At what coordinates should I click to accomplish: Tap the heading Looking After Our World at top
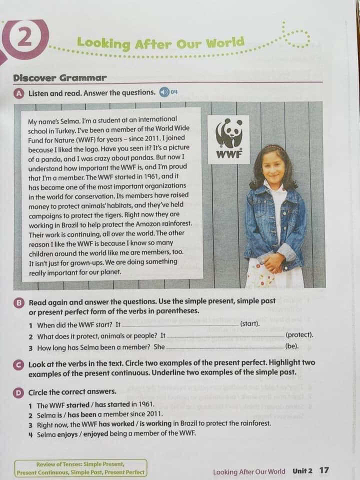point(160,43)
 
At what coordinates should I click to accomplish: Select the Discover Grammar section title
point(59,78)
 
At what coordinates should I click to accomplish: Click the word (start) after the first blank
point(250,324)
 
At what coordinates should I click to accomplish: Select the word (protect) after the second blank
point(299,335)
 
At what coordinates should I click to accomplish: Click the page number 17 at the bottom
point(324,470)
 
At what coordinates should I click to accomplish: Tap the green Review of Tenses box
point(80,468)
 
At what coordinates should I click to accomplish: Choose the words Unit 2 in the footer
point(302,471)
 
